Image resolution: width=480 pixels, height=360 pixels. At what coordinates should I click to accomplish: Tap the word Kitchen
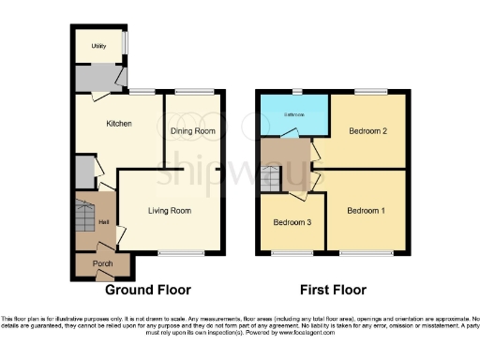[118, 124]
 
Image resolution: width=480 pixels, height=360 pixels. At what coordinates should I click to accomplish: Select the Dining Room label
[193, 132]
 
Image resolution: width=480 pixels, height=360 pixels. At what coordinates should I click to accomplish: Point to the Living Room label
[170, 211]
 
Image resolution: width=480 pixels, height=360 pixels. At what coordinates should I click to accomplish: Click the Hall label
[104, 221]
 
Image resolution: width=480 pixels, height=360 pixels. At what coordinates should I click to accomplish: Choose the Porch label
[102, 265]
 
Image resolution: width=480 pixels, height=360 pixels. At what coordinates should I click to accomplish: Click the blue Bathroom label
[293, 116]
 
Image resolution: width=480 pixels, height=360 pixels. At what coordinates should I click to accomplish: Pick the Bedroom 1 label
[366, 211]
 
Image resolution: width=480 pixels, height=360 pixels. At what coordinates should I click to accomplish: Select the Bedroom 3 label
[292, 223]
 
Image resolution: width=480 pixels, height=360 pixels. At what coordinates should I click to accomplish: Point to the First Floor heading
[333, 290]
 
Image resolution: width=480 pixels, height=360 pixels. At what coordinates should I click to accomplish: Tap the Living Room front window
[175, 253]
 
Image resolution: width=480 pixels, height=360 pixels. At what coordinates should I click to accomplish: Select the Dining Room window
[194, 91]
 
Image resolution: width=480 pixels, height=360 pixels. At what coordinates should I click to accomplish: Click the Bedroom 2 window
[368, 91]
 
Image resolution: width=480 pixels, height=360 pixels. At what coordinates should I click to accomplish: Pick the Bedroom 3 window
[287, 253]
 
